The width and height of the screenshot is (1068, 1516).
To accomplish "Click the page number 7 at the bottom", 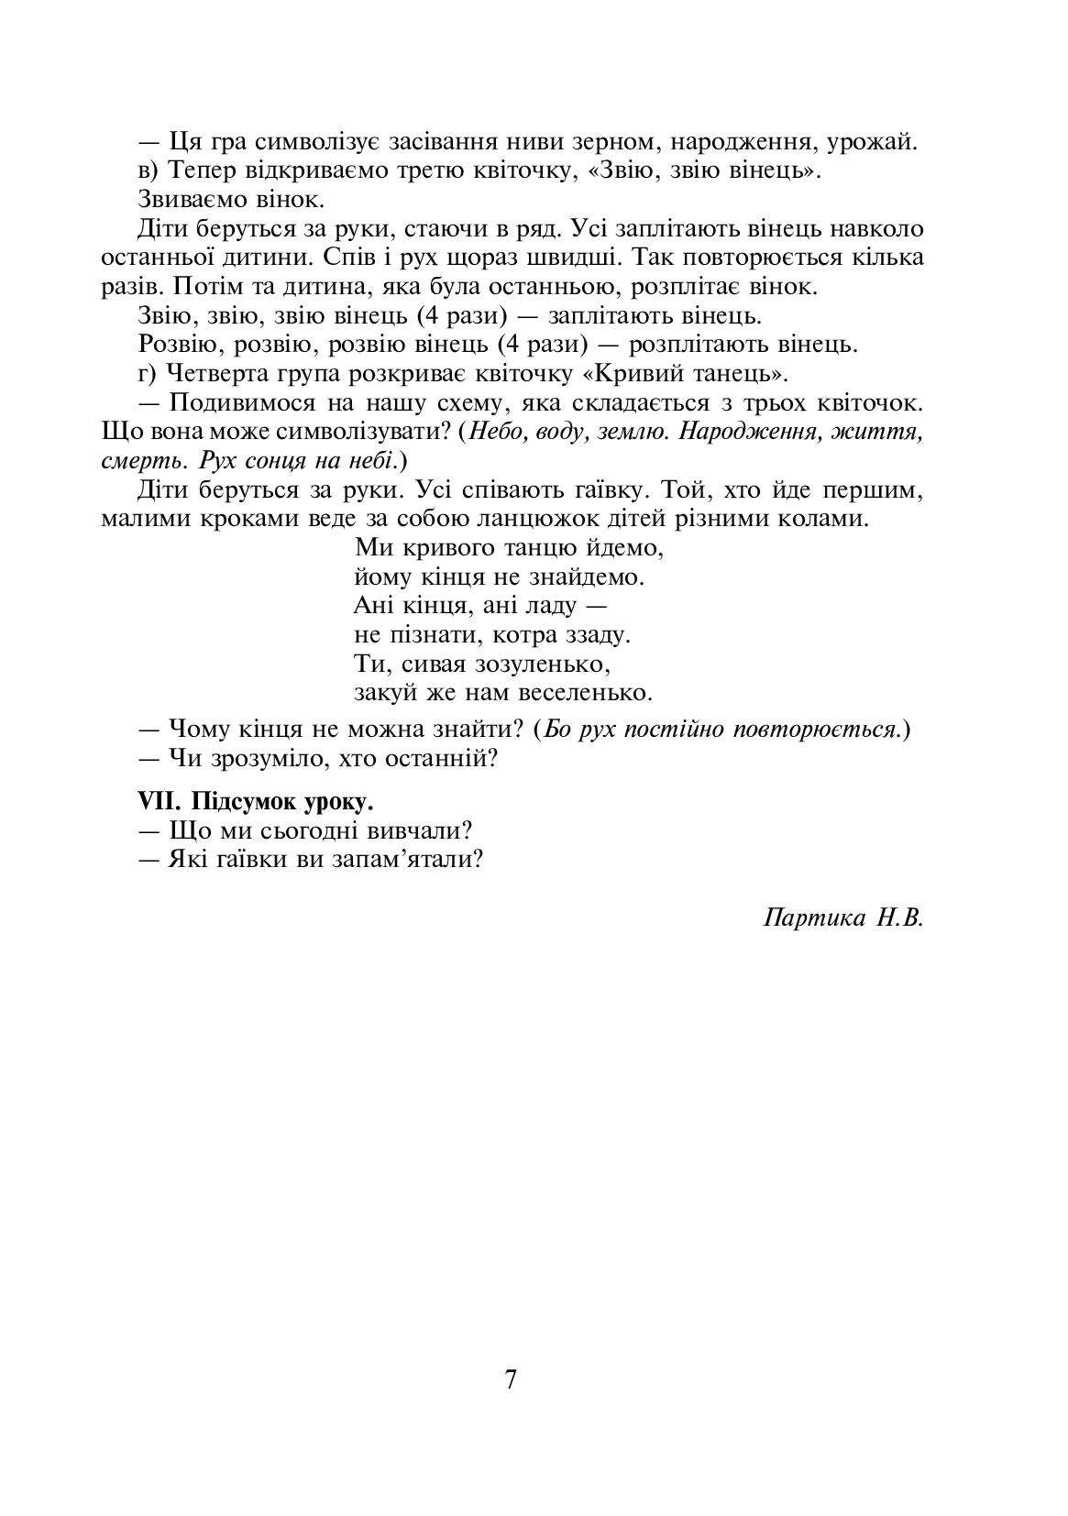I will (x=511, y=1380).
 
